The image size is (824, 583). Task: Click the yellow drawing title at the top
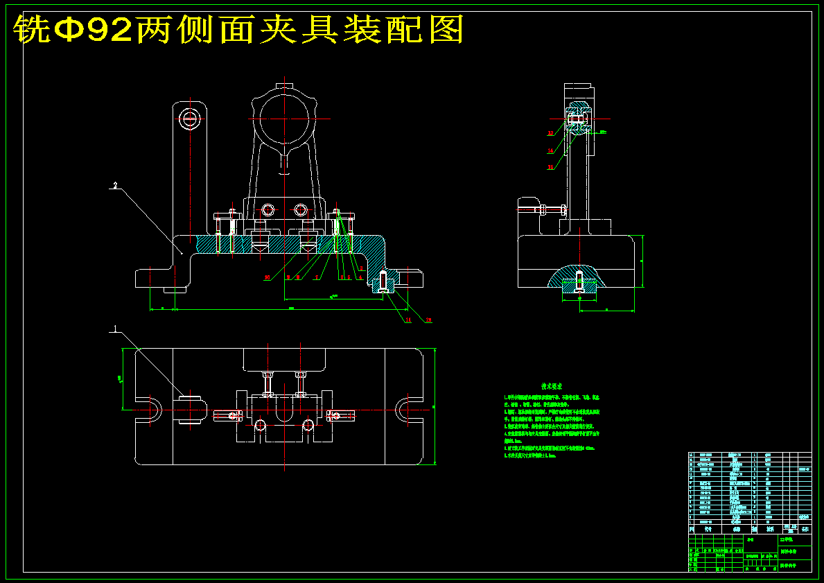(x=239, y=29)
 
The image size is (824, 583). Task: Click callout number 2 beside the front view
(x=116, y=186)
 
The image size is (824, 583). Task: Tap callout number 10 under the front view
(x=267, y=277)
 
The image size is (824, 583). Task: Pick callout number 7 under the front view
(x=316, y=277)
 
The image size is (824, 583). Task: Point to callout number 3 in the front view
(x=361, y=268)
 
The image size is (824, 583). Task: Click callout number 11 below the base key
(x=408, y=320)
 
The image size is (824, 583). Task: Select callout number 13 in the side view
(x=550, y=132)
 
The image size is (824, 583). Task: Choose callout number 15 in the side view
(x=550, y=166)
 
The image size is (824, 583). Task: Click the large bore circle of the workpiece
(x=283, y=119)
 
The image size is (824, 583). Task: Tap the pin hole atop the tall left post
(x=189, y=119)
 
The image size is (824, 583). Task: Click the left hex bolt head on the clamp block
(x=268, y=209)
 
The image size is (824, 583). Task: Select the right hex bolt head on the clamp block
(x=300, y=209)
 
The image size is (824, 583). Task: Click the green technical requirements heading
(x=552, y=385)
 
